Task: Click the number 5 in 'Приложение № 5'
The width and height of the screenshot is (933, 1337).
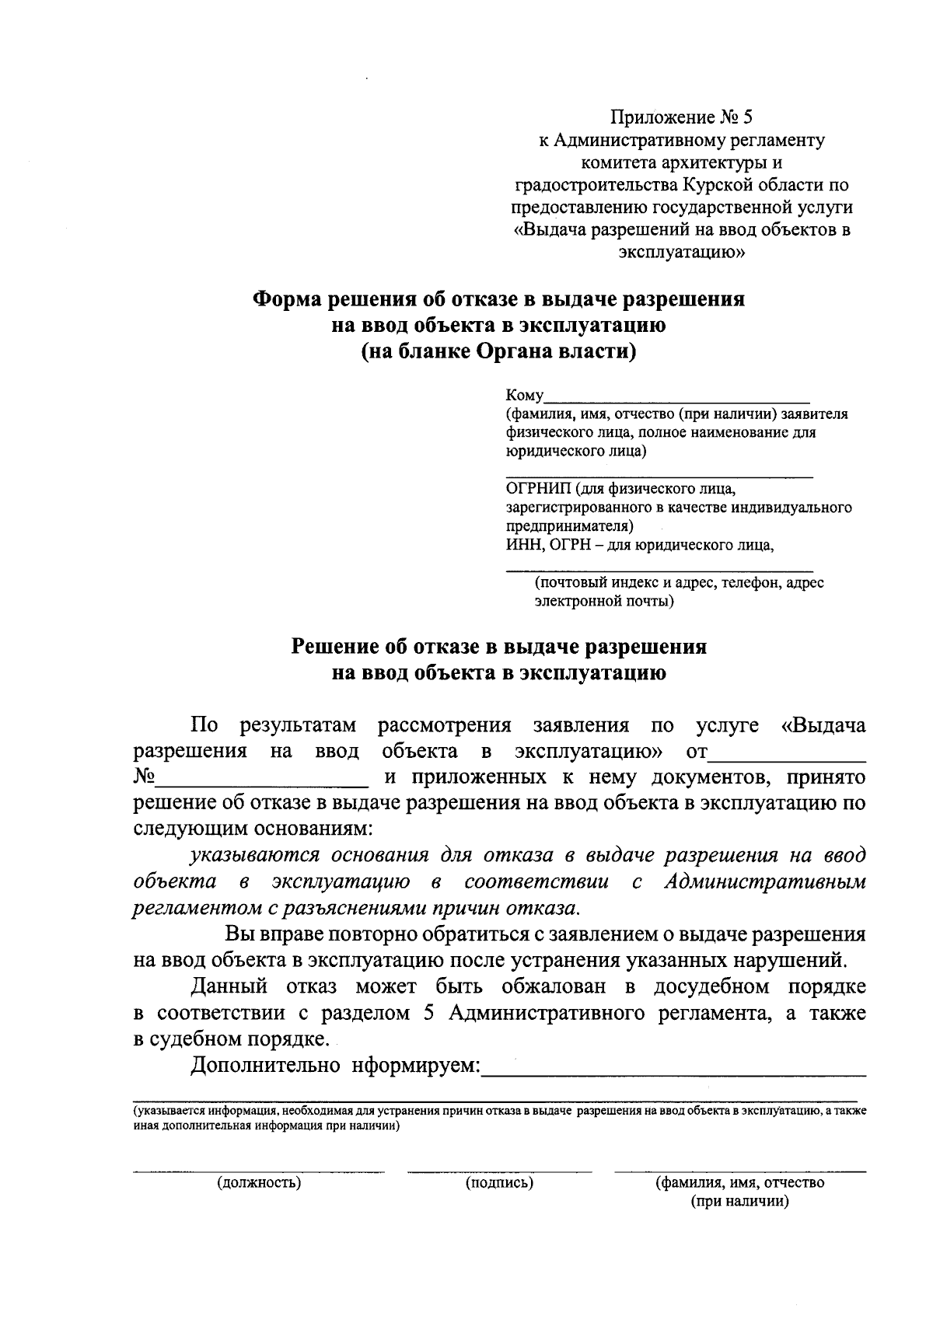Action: coord(748,117)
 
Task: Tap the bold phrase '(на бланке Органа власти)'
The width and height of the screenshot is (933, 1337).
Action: coord(498,351)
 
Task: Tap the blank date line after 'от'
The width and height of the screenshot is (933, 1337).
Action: coord(788,753)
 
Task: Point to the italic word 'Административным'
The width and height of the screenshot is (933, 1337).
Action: coord(765,882)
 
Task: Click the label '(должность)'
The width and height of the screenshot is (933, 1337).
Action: coord(259,1183)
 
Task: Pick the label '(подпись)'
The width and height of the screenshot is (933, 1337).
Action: coord(499,1183)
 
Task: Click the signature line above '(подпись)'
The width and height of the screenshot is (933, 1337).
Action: coord(499,1170)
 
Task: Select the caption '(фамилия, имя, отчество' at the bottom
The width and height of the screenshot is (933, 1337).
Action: coord(740,1183)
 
